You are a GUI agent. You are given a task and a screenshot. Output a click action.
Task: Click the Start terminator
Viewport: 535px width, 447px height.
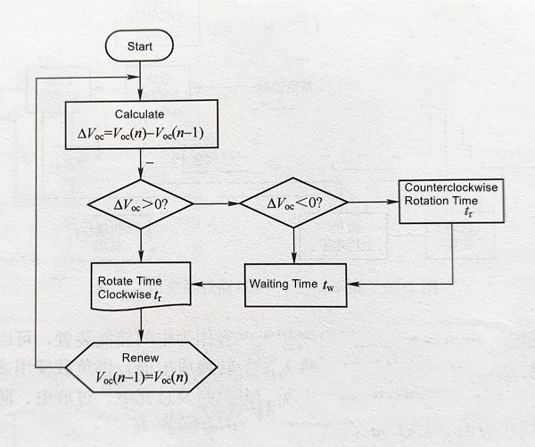tap(139, 46)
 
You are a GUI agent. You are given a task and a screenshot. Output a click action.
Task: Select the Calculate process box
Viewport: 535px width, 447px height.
tap(141, 124)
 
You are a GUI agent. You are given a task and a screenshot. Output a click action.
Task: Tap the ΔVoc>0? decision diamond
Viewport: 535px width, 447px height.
tap(141, 203)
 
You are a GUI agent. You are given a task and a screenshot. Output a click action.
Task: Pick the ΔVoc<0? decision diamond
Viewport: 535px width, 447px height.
tap(293, 203)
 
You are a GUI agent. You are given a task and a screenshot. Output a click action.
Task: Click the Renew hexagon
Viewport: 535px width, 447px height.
tap(141, 367)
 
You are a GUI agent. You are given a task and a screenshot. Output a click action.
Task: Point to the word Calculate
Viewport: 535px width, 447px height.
tap(141, 114)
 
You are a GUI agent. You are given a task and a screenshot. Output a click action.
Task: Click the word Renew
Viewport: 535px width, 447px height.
tap(140, 358)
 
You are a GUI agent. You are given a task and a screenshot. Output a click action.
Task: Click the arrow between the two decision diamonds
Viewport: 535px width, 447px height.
tap(217, 203)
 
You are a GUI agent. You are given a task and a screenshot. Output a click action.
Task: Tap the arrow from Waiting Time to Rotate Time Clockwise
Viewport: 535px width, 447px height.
tap(218, 285)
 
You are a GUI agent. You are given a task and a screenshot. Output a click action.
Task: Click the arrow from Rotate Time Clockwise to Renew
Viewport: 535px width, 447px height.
tap(140, 325)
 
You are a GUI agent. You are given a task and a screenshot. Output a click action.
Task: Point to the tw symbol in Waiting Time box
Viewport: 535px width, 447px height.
tap(330, 286)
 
